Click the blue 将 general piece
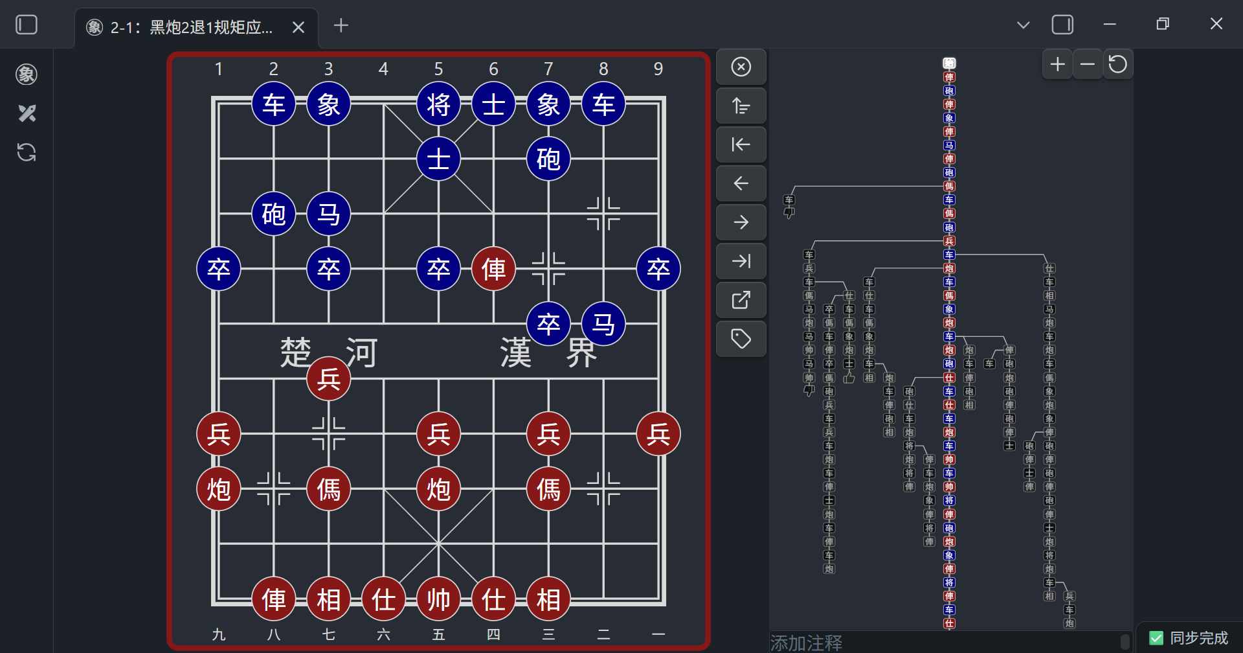(x=438, y=104)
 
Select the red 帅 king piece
(x=438, y=599)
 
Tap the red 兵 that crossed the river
(x=328, y=379)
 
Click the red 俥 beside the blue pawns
(x=493, y=269)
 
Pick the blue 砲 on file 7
(x=548, y=159)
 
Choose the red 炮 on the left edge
(x=218, y=489)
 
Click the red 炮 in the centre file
(x=438, y=489)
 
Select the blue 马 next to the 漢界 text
(x=603, y=324)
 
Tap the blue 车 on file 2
(x=273, y=104)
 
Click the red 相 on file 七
(x=328, y=599)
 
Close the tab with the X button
(x=298, y=27)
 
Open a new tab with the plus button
(x=341, y=25)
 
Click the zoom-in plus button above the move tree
(x=1057, y=64)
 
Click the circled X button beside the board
(x=741, y=67)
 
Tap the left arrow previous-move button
(x=741, y=183)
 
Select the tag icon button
(x=741, y=338)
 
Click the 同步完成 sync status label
(x=1198, y=638)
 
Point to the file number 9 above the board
(x=658, y=69)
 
